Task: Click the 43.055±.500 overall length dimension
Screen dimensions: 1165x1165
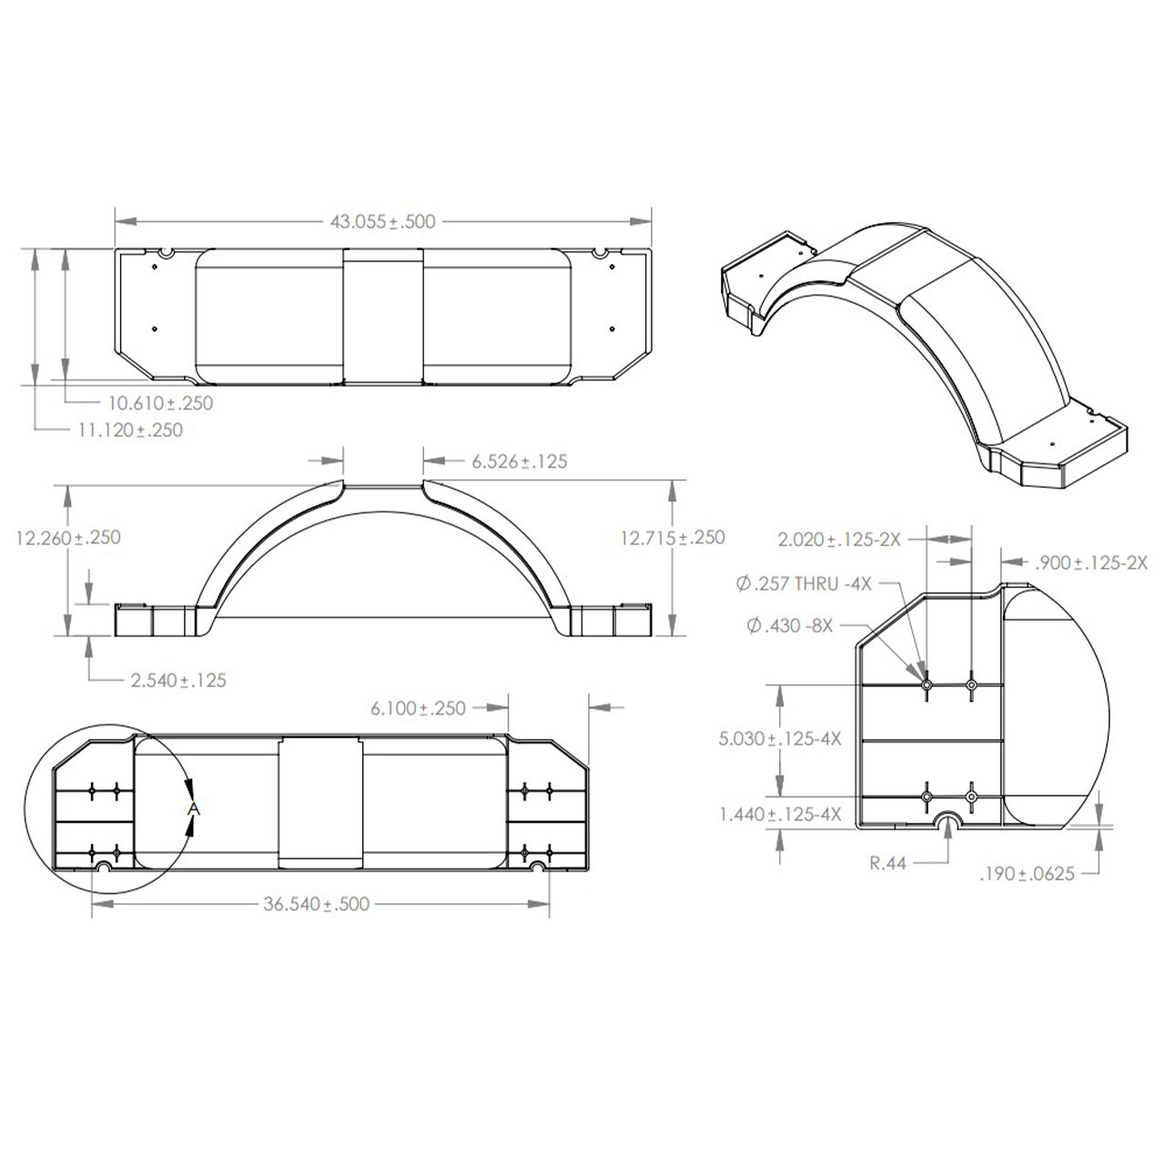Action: point(382,221)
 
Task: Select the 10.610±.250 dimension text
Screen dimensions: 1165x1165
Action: point(161,402)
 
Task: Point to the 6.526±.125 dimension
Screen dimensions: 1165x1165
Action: point(519,461)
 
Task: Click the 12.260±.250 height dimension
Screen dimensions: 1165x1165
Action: point(68,537)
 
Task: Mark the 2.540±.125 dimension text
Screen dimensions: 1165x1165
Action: point(178,680)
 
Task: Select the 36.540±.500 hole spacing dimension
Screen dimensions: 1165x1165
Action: point(317,904)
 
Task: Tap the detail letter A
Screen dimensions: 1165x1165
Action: point(193,807)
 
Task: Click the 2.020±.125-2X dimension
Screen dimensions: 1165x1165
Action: point(838,539)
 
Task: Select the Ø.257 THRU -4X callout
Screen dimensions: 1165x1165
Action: point(804,583)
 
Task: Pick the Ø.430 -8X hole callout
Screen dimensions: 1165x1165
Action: point(789,626)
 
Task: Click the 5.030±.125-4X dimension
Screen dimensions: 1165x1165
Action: point(780,738)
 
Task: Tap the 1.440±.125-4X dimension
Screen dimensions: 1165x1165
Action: point(780,814)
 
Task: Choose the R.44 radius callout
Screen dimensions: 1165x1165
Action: point(887,863)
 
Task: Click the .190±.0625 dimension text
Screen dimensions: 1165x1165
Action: point(1027,874)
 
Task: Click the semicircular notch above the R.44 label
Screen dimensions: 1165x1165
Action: point(948,822)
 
